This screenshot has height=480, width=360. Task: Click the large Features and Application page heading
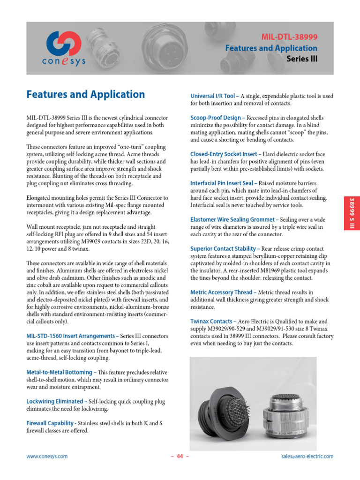(85, 94)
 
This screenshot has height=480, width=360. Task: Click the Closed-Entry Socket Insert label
(224, 154)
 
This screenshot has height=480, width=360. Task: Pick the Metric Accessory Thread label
(221, 292)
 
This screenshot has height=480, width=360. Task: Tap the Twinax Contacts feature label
(211, 322)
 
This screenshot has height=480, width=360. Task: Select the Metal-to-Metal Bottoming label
(60, 372)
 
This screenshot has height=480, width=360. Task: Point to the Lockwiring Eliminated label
(55, 402)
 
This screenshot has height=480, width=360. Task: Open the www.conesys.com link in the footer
(47, 456)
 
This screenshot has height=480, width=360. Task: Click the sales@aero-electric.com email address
(307, 456)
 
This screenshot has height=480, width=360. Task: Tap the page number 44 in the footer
(180, 457)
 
